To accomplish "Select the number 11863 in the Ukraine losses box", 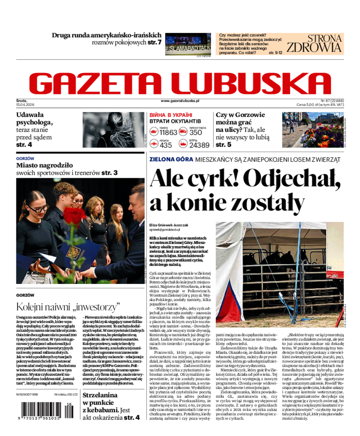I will pyautogui.click(x=168, y=132).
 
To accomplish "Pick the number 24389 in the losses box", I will pyautogui.click(x=199, y=145).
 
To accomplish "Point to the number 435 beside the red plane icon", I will pyautogui.click(x=166, y=145).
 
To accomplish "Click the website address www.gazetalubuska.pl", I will pyautogui.click(x=180, y=102).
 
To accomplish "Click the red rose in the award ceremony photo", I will pyautogui.click(x=74, y=215).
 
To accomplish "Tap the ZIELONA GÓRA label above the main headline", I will pyautogui.click(x=171, y=159).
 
